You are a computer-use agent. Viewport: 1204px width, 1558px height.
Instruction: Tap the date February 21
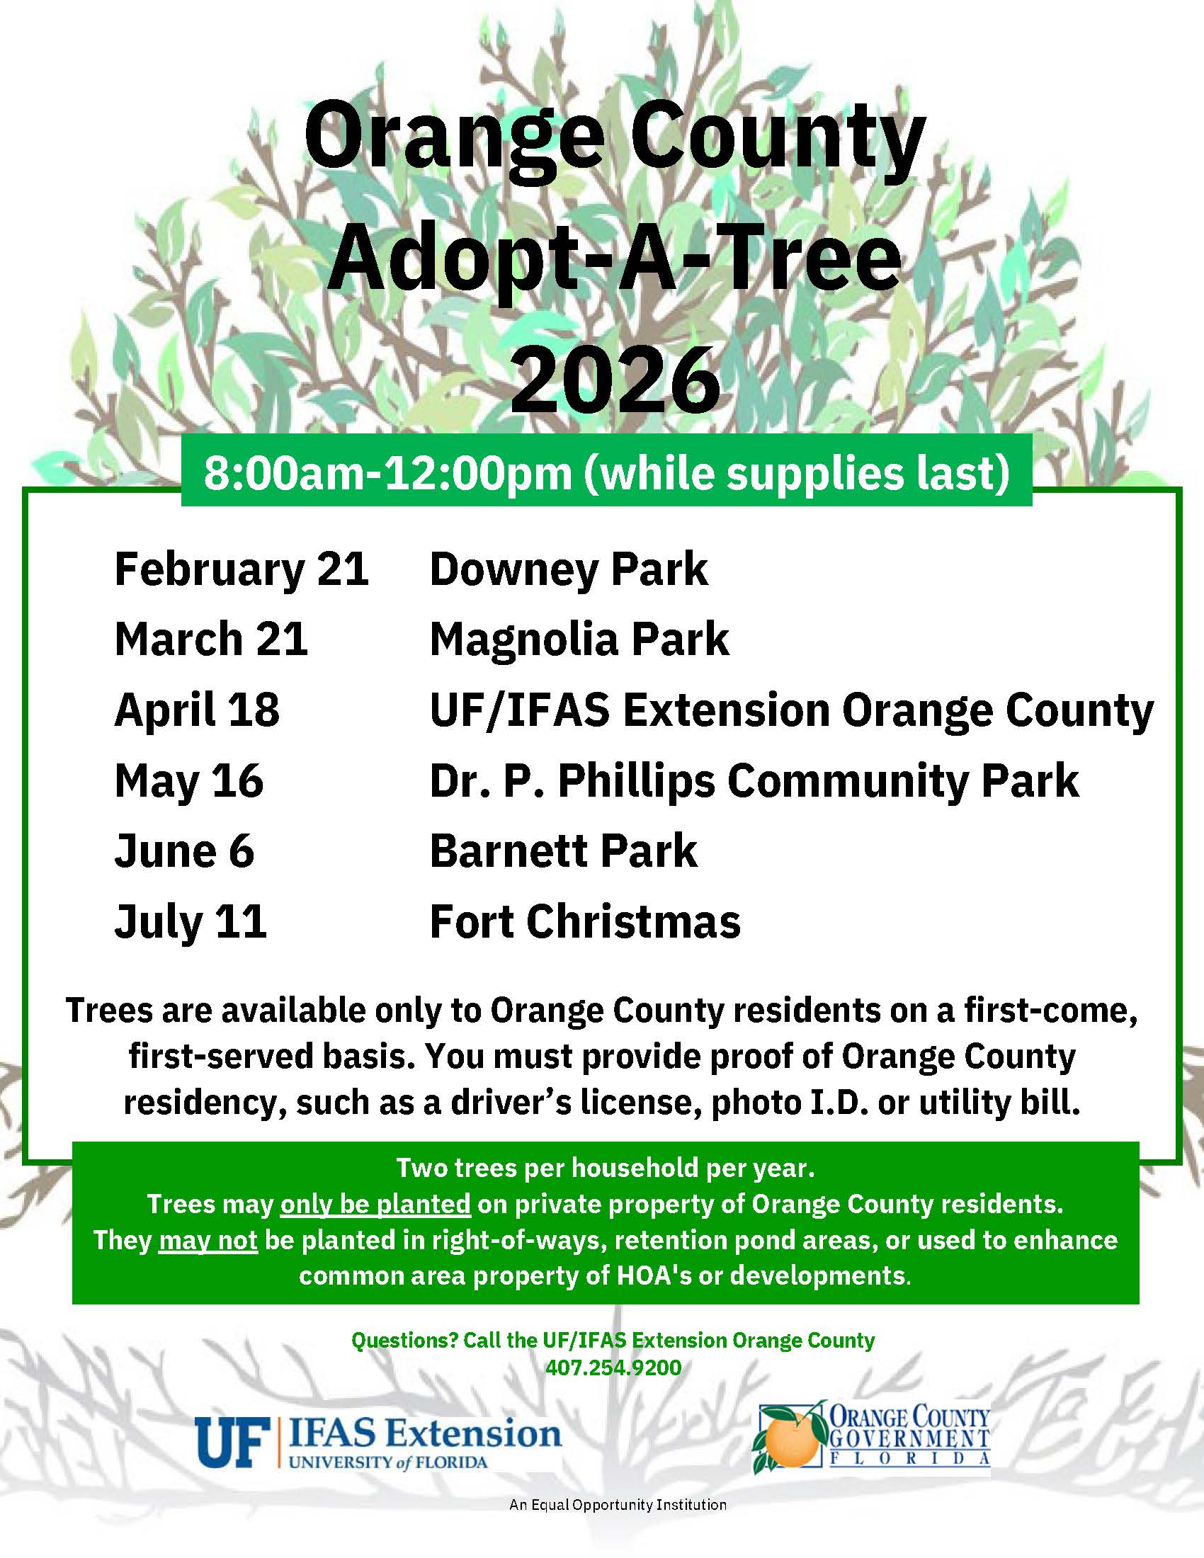tap(241, 569)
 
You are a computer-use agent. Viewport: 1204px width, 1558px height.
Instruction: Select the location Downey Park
tap(569, 569)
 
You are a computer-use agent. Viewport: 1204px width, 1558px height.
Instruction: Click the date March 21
tap(211, 639)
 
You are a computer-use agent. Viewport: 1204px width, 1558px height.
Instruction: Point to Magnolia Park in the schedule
tap(579, 639)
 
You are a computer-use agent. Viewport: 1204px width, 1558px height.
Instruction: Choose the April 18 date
tap(197, 710)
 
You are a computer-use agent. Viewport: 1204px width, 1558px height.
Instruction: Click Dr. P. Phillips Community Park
tap(754, 780)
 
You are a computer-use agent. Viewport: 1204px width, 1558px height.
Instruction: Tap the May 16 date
tap(189, 780)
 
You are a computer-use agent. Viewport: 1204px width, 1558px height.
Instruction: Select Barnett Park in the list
tap(564, 851)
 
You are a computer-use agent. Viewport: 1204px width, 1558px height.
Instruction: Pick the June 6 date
tap(184, 851)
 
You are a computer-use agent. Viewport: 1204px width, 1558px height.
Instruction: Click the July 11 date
tap(191, 921)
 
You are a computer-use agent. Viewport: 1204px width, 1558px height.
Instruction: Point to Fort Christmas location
tap(585, 921)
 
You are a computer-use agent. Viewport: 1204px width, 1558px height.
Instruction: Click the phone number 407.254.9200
tap(613, 1367)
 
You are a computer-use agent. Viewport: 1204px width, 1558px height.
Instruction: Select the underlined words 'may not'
tap(208, 1240)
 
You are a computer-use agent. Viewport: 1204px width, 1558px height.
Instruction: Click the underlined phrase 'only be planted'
tap(375, 1204)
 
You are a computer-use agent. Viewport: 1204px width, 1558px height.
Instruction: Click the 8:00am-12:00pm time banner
tap(606, 472)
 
